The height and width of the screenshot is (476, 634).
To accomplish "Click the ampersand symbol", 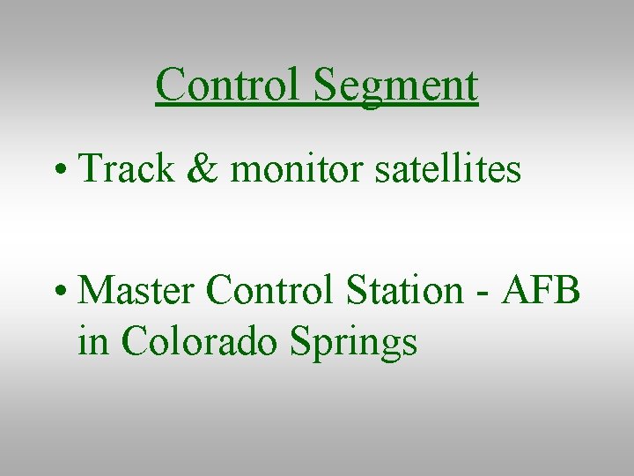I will (203, 168).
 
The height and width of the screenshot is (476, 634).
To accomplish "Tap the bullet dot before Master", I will (60, 290).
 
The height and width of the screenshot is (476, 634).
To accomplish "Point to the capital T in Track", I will (90, 168).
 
